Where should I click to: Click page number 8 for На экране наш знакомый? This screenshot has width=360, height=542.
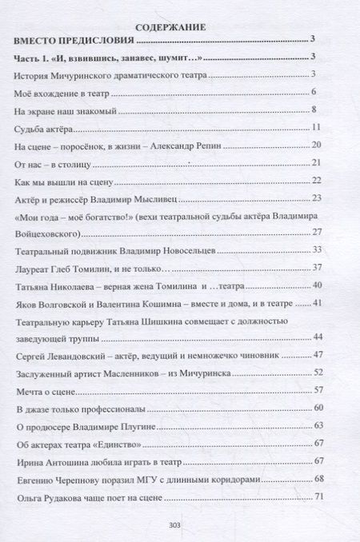[317, 110]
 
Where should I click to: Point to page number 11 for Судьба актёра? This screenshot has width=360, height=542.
[315, 128]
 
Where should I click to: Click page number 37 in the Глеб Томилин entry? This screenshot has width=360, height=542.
[315, 268]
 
